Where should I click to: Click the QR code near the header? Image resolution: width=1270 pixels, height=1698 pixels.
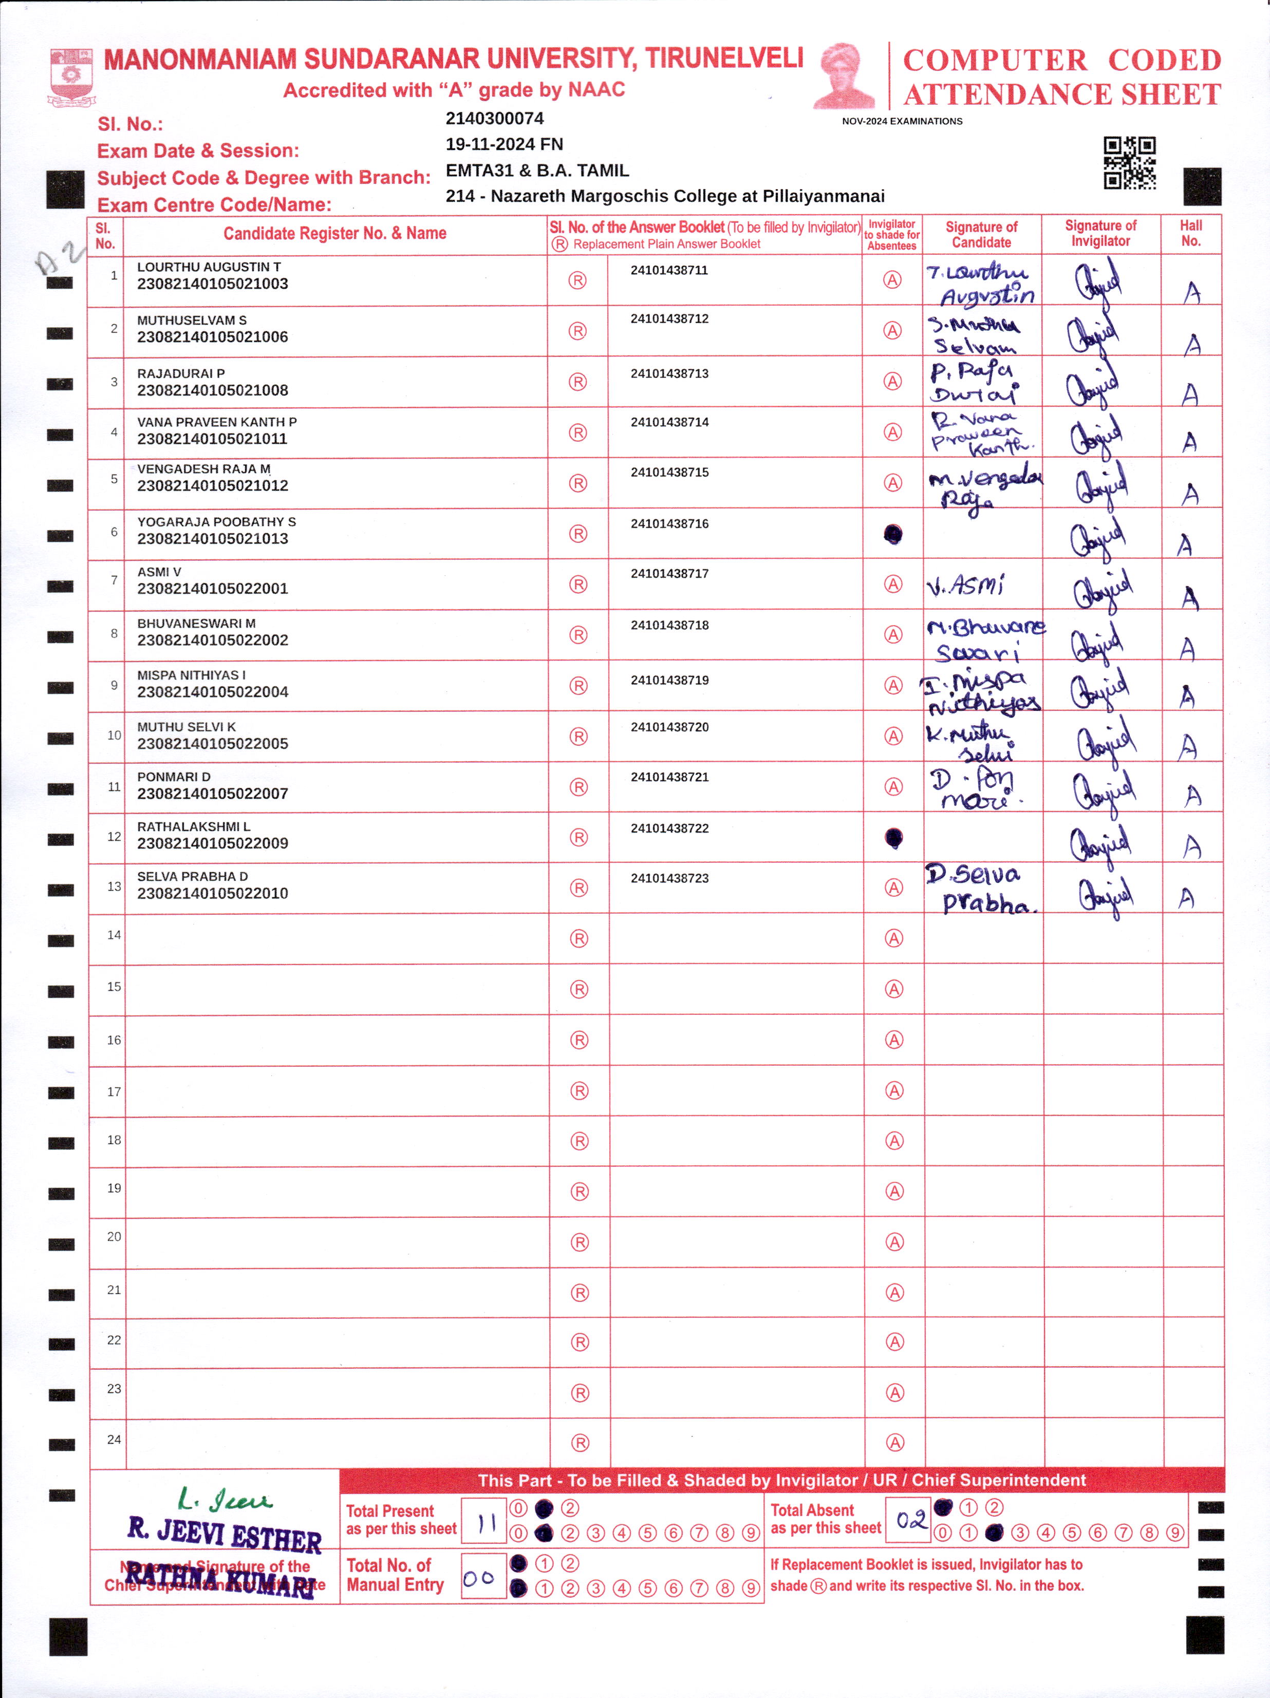[x=1129, y=163]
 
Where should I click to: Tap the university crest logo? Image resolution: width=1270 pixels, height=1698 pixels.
[x=71, y=77]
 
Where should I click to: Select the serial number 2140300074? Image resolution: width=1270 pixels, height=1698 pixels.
[x=494, y=118]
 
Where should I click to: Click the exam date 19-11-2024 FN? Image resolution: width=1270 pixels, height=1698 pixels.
[x=503, y=144]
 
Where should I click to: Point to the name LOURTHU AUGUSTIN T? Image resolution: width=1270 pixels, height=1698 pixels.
[x=209, y=267]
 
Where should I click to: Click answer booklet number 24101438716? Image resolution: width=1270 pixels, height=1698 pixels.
[x=669, y=523]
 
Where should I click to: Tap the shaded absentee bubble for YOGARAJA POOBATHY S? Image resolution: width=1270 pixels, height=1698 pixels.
[x=893, y=534]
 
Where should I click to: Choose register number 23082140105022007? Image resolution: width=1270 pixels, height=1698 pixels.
[x=213, y=794]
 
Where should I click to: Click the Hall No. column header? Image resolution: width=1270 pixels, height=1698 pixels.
[x=1191, y=233]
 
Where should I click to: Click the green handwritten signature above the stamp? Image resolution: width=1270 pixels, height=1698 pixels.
[x=223, y=1499]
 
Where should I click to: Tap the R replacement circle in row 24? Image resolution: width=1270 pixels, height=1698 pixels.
[x=581, y=1442]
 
